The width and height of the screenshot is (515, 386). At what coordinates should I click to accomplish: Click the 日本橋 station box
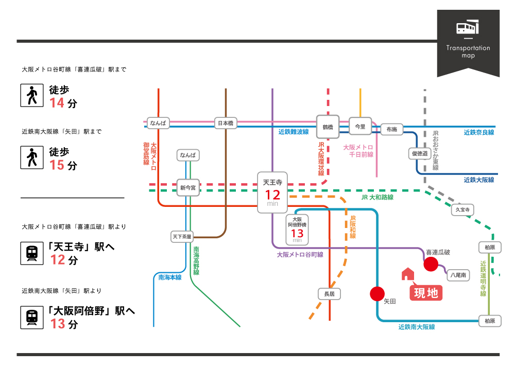tap(226, 123)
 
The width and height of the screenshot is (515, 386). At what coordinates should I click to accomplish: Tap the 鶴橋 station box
tap(328, 126)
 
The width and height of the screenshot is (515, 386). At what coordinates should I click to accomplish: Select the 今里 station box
tap(360, 126)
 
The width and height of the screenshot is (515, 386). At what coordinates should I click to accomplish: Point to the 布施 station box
tap(391, 130)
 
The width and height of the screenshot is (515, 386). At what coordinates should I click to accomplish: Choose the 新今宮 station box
tap(187, 188)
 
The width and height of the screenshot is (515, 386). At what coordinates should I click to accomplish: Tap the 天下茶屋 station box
tap(182, 237)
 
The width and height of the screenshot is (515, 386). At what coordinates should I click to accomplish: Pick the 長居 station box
tap(329, 294)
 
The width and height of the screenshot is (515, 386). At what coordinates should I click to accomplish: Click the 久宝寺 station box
tap(462, 209)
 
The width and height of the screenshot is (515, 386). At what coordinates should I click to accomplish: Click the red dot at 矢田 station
tap(377, 293)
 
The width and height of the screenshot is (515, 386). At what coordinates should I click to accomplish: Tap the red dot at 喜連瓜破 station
tap(431, 265)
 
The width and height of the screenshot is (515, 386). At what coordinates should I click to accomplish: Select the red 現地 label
tap(426, 292)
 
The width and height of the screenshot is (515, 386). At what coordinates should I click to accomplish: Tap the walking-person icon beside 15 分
tap(32, 157)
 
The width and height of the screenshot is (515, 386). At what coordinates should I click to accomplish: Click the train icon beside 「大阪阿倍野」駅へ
tap(32, 317)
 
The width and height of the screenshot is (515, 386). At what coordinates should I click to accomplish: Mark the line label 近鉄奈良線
tap(478, 132)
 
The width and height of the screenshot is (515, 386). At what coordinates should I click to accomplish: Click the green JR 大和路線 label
tap(377, 197)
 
